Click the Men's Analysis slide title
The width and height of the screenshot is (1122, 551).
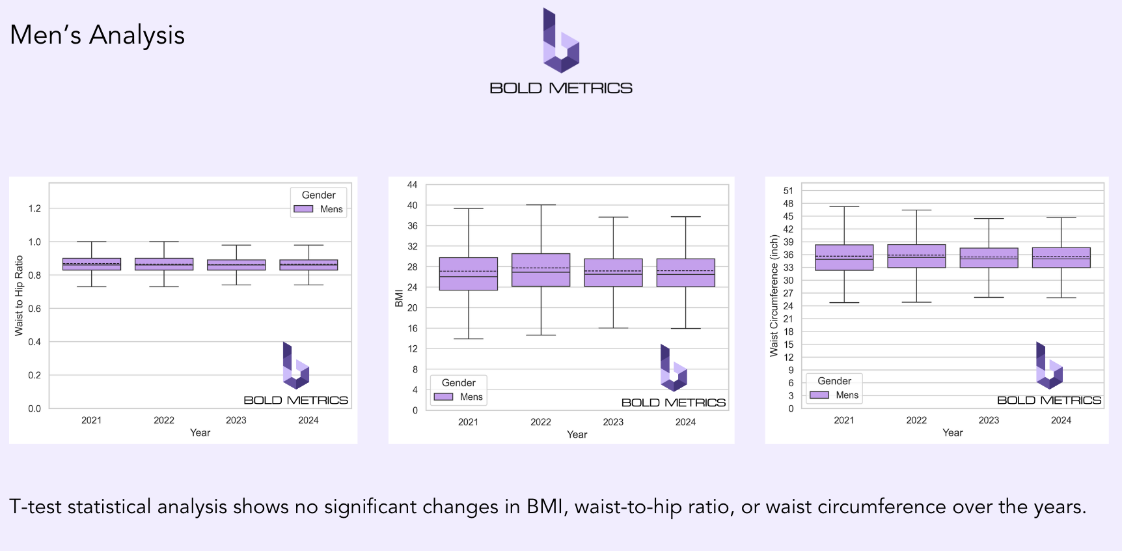click(97, 35)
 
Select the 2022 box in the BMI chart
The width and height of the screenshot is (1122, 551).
click(541, 270)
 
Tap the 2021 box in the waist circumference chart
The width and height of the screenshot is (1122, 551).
click(843, 257)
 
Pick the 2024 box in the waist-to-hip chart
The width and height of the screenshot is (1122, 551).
click(308, 264)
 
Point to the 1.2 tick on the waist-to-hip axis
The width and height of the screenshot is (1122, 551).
click(34, 208)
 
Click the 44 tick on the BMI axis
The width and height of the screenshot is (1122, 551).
click(412, 185)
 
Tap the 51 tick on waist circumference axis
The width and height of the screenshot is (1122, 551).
click(788, 191)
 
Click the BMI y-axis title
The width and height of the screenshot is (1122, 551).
click(399, 298)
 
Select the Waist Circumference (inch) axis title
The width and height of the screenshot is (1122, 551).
click(774, 296)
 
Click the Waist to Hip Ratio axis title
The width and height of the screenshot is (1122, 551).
click(19, 296)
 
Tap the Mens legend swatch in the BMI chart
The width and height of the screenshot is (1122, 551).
click(443, 397)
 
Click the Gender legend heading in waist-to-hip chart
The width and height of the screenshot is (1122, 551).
click(318, 195)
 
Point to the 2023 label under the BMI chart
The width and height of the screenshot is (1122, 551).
click(613, 422)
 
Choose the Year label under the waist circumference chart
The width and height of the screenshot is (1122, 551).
click(952, 432)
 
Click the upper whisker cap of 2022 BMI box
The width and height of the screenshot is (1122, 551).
click(541, 205)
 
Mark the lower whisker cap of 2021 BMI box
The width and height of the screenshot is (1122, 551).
click(469, 339)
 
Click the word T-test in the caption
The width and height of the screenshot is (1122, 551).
click(36, 507)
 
